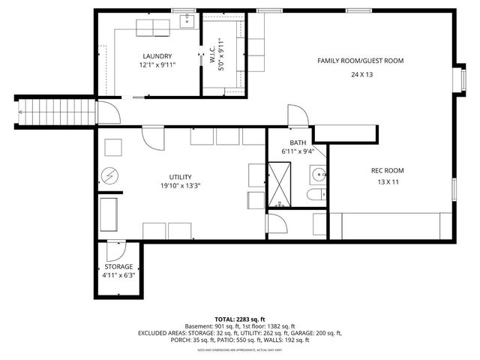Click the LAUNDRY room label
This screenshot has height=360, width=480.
tap(157, 56)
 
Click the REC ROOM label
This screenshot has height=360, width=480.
tap(388, 170)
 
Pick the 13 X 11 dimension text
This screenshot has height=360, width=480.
tap(388, 182)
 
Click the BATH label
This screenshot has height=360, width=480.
tap(298, 142)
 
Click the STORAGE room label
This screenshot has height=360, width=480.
tap(118, 266)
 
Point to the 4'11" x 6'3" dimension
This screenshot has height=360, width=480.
tap(118, 276)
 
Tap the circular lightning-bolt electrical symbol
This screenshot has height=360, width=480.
tap(110, 175)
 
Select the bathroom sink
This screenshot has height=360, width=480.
tap(319, 175)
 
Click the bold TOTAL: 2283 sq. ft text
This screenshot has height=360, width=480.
tap(239, 319)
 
